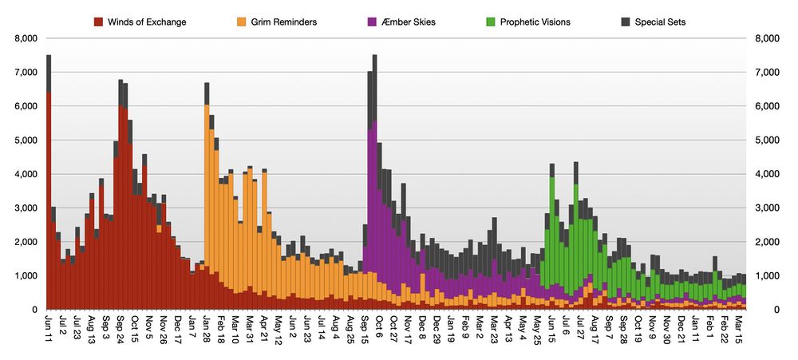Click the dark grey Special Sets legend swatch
(x=626, y=22)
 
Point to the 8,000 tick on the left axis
(x=26, y=38)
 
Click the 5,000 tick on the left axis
(x=26, y=140)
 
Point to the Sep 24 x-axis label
(x=120, y=327)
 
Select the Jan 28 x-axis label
(x=207, y=327)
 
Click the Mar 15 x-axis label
(x=739, y=327)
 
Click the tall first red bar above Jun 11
(x=49, y=200)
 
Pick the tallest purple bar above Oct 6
(x=374, y=200)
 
